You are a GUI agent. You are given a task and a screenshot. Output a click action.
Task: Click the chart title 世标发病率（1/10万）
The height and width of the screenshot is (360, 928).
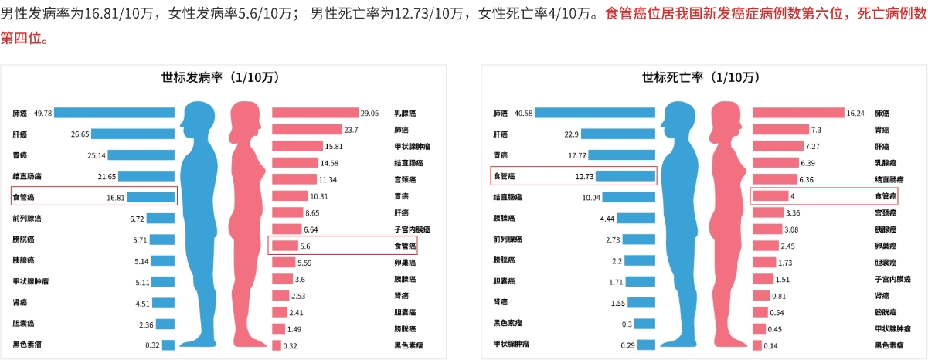point(219,77)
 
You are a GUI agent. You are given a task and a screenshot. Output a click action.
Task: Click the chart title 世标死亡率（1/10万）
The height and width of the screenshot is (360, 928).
point(700,77)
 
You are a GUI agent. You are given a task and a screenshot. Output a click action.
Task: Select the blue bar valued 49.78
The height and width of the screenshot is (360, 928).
point(114,113)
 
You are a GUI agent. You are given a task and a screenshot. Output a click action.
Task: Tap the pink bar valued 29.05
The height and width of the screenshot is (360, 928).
point(315,113)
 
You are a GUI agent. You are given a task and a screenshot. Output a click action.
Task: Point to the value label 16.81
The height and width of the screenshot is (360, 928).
point(116,197)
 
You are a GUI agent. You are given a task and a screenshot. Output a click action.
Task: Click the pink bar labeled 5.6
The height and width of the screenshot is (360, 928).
point(285,246)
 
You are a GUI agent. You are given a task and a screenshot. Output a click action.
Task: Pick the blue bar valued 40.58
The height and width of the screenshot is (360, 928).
point(595,113)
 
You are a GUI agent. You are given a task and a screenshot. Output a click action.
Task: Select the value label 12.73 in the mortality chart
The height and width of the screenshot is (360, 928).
point(584,176)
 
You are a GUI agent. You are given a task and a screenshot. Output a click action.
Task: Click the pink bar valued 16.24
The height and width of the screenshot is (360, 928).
point(798,113)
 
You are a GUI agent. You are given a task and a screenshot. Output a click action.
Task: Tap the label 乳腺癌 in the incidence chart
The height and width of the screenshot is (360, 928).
point(403,113)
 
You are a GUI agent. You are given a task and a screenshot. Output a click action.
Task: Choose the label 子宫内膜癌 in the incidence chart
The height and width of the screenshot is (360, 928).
point(411,229)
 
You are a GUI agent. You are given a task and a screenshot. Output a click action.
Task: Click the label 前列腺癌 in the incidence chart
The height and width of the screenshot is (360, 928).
point(28,219)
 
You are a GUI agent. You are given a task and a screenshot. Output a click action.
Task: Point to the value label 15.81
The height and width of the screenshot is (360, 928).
point(334,146)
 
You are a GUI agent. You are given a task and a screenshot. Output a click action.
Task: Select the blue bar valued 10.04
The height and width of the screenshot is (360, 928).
point(628,197)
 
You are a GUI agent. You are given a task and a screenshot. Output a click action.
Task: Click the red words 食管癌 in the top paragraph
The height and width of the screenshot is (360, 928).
point(627,13)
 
